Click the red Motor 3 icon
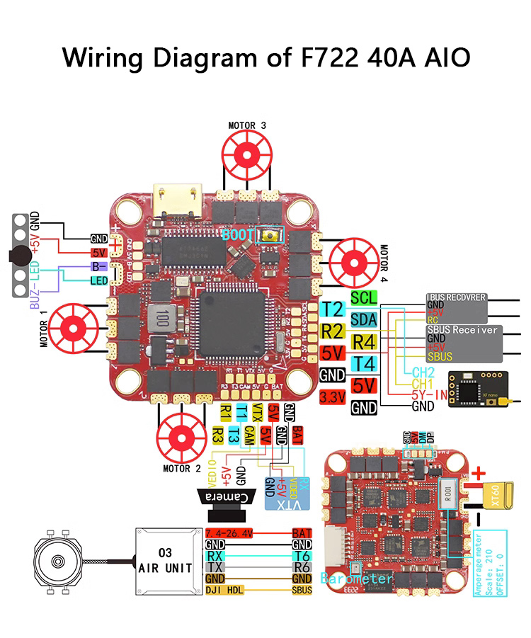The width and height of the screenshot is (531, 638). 248,152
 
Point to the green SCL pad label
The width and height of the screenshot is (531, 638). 364,297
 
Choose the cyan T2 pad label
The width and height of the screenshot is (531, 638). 332,309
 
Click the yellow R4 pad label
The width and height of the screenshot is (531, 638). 364,341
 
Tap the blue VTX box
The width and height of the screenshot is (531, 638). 282,496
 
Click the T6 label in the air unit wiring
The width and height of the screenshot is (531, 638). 302,557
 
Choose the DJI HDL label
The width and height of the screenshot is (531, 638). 224,589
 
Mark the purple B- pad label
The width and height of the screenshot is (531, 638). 98,267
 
